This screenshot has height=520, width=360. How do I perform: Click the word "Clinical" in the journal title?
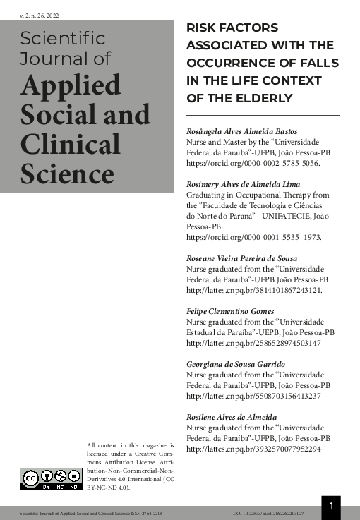coord(71,144)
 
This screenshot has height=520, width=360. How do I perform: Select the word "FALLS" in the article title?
coord(314,63)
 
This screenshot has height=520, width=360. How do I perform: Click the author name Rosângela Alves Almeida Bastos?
coord(241,131)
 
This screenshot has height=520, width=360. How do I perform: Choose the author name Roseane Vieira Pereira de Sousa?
coord(242,258)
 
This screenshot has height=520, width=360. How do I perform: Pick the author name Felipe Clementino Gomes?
coord(232,311)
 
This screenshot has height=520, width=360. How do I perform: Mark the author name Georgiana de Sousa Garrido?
coord(236,364)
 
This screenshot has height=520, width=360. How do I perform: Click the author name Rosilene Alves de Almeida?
coord(232,417)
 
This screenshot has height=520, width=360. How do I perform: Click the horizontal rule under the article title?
coord(263,115)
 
